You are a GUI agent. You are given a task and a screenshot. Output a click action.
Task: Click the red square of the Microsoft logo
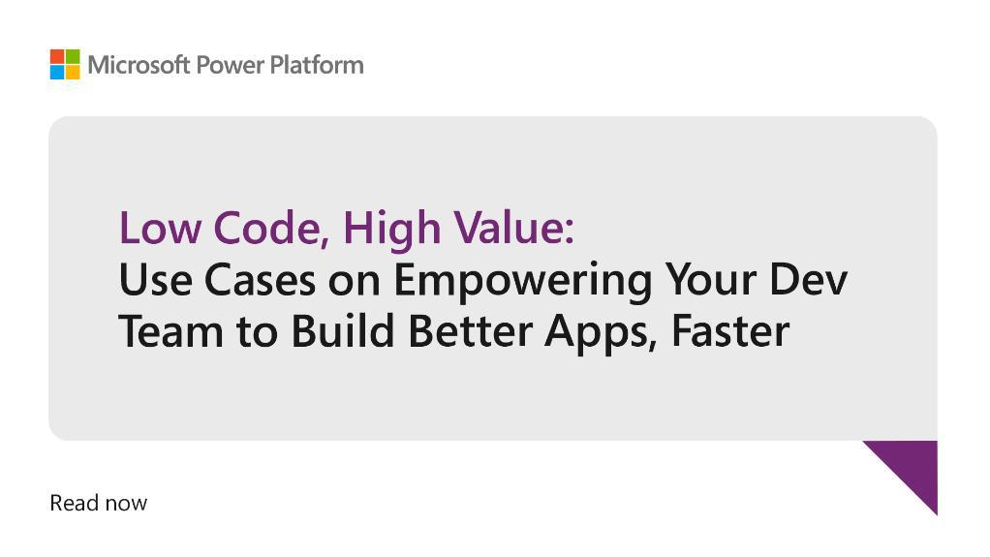tap(57, 56)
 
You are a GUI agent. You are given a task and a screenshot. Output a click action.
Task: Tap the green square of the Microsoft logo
tap(73, 56)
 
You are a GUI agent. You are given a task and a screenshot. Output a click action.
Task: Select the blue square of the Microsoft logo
tap(57, 72)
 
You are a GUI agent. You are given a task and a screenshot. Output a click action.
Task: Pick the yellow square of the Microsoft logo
tap(73, 72)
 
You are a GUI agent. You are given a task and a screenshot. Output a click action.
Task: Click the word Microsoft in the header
tap(139, 65)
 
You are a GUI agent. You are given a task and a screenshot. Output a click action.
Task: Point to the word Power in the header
tap(230, 65)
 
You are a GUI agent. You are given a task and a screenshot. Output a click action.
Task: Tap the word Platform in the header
tap(317, 65)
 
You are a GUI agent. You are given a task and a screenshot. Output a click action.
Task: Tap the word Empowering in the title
tap(523, 282)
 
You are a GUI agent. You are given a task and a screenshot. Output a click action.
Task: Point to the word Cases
tap(261, 280)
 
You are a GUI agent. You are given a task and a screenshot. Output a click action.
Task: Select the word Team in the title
tap(171, 331)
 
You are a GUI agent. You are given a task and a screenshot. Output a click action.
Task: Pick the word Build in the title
tap(343, 330)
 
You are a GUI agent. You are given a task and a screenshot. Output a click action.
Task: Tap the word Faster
tap(730, 331)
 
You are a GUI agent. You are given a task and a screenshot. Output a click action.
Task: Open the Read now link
tap(99, 504)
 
